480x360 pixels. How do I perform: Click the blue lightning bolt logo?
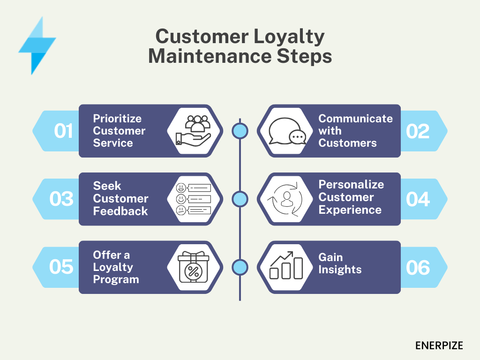[x=37, y=46]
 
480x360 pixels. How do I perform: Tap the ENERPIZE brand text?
[x=439, y=345]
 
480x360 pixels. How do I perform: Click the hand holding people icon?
[x=193, y=130]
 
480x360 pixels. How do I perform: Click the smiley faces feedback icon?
[x=193, y=199]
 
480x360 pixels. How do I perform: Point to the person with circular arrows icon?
[x=285, y=199]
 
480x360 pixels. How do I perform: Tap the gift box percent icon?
[x=193, y=267]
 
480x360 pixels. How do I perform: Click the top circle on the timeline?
[x=240, y=131]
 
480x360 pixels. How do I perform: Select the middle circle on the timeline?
[x=240, y=199]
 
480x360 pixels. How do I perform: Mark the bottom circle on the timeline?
[x=240, y=267]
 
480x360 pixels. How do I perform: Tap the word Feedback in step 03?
[x=120, y=211]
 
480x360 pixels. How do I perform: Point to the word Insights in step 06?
[x=340, y=270]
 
